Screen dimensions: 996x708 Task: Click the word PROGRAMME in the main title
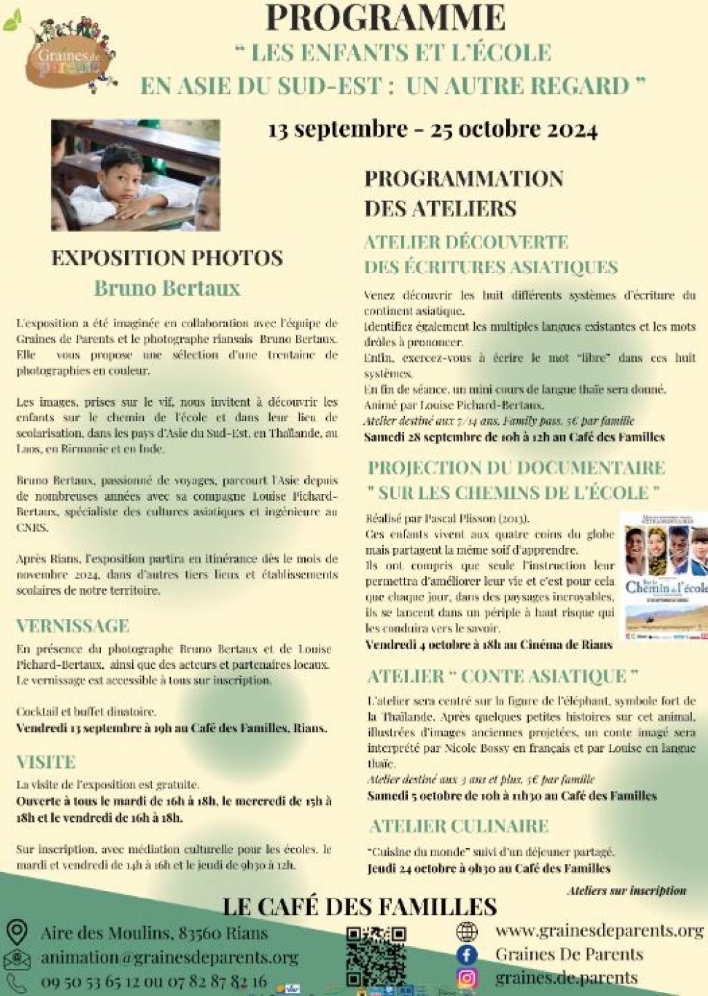click(385, 17)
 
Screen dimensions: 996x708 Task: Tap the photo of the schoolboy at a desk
click(136, 175)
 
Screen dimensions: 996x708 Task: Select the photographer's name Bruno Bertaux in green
click(167, 288)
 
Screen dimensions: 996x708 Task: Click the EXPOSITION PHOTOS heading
click(167, 258)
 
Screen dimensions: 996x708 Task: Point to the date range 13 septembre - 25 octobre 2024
click(433, 129)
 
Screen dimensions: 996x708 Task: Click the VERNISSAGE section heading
click(73, 626)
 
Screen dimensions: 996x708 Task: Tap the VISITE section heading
click(46, 762)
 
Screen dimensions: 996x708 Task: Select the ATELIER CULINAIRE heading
click(459, 826)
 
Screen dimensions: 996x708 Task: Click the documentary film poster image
click(666, 574)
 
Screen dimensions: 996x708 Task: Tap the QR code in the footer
click(376, 957)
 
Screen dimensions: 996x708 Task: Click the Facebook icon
click(467, 955)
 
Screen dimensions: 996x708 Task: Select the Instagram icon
click(467, 978)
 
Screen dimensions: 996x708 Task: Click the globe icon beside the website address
click(467, 932)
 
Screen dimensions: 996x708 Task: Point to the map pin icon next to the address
click(16, 932)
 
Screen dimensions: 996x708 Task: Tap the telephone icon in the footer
click(16, 981)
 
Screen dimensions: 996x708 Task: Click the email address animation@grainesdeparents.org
click(169, 957)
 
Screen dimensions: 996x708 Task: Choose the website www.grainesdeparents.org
click(599, 931)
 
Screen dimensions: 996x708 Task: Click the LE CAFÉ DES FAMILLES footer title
click(360, 906)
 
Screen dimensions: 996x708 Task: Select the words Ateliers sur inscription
click(626, 890)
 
